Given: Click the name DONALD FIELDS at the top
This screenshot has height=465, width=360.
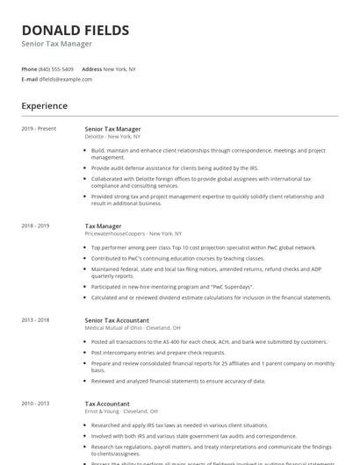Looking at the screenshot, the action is (75, 30).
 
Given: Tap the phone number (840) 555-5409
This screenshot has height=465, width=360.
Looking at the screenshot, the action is (57, 68).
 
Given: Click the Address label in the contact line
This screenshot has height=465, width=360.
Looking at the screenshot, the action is (91, 68).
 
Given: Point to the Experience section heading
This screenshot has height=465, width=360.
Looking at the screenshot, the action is (45, 106).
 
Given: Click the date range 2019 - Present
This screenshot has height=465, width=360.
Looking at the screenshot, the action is (39, 129).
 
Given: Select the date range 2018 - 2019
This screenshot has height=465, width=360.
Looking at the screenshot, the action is (35, 226).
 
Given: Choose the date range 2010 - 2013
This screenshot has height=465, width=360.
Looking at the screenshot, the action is (35, 403).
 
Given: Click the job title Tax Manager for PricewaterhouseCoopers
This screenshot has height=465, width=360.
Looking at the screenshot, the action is (103, 226).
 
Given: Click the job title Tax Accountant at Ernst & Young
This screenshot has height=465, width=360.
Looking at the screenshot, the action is (106, 403).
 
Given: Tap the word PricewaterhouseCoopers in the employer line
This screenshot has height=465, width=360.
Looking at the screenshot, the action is (115, 234).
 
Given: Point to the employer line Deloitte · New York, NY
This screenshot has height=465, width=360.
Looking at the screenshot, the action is (112, 137).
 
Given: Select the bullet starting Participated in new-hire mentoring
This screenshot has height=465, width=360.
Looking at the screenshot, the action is (173, 287).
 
